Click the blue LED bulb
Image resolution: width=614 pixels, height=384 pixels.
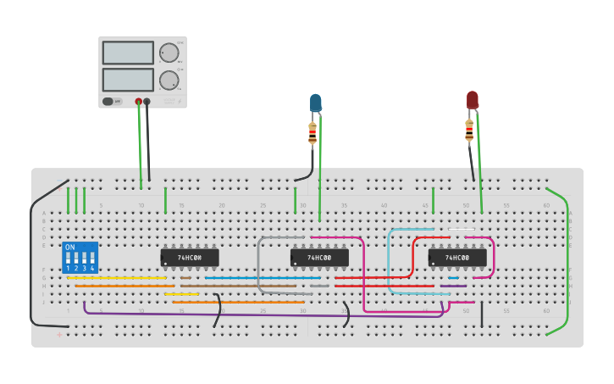pos(315,103)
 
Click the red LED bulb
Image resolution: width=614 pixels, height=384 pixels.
pos(472,101)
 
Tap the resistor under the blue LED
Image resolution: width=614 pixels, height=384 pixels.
pos(313,133)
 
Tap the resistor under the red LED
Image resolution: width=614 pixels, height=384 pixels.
pos(469,131)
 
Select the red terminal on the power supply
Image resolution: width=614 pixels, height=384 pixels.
pos(139,102)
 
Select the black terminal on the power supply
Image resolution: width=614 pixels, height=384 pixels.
pos(147,102)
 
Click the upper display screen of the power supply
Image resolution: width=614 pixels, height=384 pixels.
pos(128,53)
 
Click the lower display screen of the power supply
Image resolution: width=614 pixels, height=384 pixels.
pos(128,80)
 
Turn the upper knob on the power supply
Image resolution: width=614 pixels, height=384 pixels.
pos(169,53)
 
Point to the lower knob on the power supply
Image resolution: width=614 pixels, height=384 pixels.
pos(169,81)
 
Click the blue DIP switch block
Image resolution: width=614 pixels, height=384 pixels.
pos(80,258)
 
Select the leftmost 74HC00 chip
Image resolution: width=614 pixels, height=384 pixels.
pos(190,257)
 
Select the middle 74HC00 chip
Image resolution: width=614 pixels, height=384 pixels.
pos(319,257)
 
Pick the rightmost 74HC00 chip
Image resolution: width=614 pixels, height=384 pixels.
pos(457,257)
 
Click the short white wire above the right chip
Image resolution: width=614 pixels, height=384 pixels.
pos(462,230)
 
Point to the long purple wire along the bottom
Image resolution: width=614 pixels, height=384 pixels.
pos(254,314)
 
